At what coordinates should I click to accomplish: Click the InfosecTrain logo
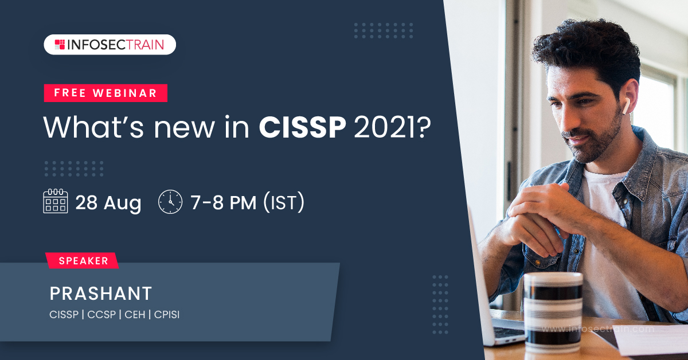(x=110, y=45)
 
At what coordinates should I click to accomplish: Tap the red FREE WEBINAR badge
(x=105, y=93)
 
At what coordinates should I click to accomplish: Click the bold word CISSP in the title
(x=303, y=127)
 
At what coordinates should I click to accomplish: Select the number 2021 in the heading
(x=386, y=127)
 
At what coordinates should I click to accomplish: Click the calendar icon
(x=55, y=201)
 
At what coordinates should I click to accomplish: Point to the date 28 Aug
(x=108, y=203)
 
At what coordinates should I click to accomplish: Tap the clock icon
(x=170, y=202)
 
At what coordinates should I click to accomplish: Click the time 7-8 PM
(x=224, y=202)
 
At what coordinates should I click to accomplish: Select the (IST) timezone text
(x=284, y=202)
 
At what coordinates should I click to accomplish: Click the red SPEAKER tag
(x=82, y=260)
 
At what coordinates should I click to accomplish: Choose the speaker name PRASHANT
(x=101, y=294)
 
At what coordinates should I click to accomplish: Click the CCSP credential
(x=101, y=315)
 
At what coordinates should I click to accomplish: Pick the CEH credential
(x=135, y=315)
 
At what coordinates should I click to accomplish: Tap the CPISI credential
(x=167, y=315)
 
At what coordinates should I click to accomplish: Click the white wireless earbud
(x=626, y=105)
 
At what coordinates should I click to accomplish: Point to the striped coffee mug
(x=553, y=312)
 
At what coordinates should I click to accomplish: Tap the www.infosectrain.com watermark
(x=598, y=329)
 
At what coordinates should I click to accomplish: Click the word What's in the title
(x=93, y=127)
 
